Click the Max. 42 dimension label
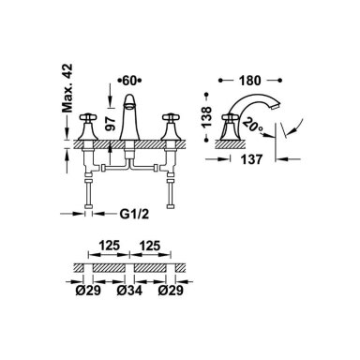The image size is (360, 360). pyautogui.click(x=67, y=88)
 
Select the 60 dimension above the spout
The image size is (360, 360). pyautogui.click(x=129, y=81)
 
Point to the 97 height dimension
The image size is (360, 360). pyautogui.click(x=110, y=124)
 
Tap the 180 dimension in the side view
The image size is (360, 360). pyautogui.click(x=250, y=81)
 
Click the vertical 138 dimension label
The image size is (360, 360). pyautogui.click(x=206, y=116)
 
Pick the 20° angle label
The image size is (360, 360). pyautogui.click(x=252, y=126)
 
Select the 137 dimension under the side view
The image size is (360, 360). pyautogui.click(x=251, y=159)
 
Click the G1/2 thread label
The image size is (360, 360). pyautogui.click(x=134, y=214)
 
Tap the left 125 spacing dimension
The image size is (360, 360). pyautogui.click(x=109, y=246)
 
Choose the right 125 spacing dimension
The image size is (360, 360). pyautogui.click(x=150, y=246)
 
